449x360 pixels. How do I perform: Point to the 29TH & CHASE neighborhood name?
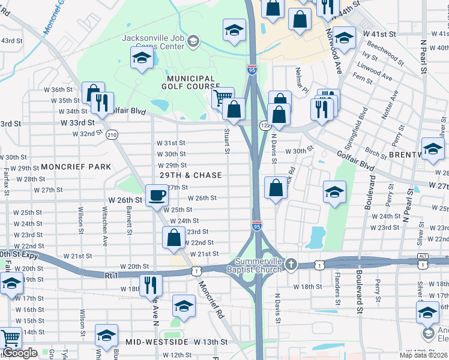(191, 175)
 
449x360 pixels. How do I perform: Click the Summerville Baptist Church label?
(258, 265)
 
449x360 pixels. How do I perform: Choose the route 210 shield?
(112, 135)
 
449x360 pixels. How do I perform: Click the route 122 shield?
(265, 125)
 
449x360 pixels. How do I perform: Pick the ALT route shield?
(423, 256)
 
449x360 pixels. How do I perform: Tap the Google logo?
(19, 353)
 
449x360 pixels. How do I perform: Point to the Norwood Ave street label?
(334, 52)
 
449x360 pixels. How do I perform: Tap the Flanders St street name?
(337, 290)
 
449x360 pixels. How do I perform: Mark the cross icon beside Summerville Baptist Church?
(291, 264)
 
